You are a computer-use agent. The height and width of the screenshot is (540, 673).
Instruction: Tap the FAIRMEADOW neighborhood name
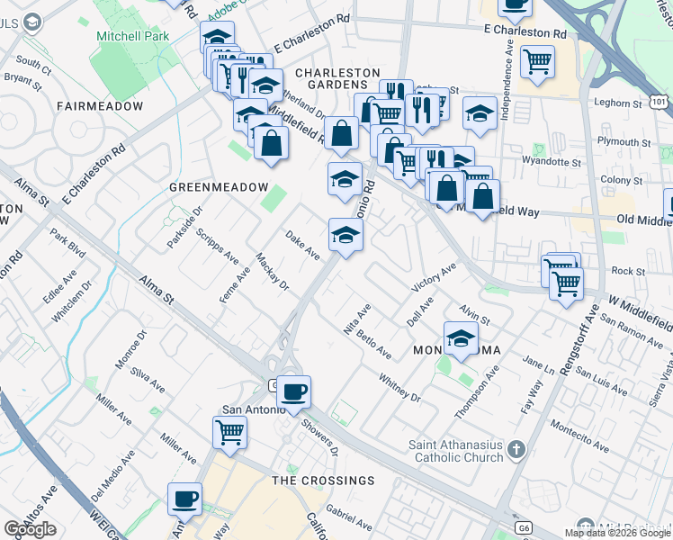tap(100, 106)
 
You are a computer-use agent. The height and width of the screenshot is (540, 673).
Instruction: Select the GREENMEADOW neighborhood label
tap(220, 186)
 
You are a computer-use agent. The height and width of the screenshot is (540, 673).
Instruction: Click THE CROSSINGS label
tap(323, 481)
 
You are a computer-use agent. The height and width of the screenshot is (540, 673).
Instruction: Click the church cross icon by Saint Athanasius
tap(516, 448)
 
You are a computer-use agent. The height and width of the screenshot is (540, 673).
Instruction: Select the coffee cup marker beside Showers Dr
tap(293, 391)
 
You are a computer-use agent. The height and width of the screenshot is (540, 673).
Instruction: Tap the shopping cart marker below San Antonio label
tap(230, 432)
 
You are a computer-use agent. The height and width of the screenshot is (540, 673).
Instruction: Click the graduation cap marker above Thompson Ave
tap(461, 338)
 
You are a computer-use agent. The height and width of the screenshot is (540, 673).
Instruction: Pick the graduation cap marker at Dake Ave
tap(345, 235)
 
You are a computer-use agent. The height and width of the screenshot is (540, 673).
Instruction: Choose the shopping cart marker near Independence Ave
tap(537, 61)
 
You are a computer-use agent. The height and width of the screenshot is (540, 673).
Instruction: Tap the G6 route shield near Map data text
tap(523, 528)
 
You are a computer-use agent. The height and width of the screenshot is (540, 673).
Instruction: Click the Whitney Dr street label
tap(399, 387)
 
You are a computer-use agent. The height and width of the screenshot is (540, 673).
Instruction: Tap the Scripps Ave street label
tap(218, 239)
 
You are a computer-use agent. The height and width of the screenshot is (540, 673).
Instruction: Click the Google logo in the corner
tap(31, 529)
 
